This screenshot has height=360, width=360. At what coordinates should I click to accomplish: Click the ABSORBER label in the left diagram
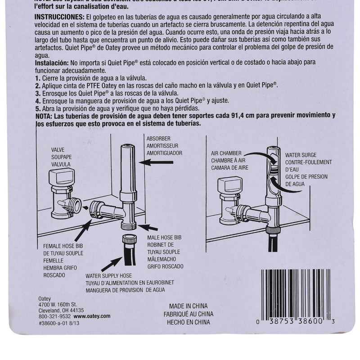[157, 139]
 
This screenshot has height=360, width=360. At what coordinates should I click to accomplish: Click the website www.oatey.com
[92, 316]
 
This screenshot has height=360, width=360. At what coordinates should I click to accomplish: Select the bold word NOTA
[45, 116]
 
